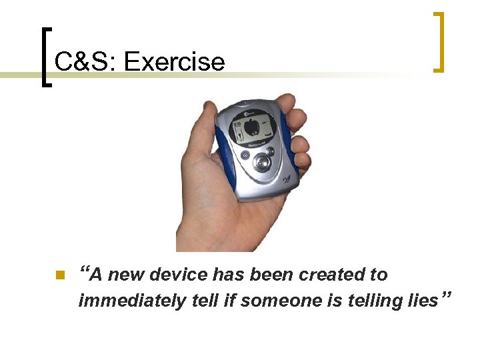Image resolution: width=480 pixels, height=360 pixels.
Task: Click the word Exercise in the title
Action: pyautogui.click(x=175, y=62)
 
